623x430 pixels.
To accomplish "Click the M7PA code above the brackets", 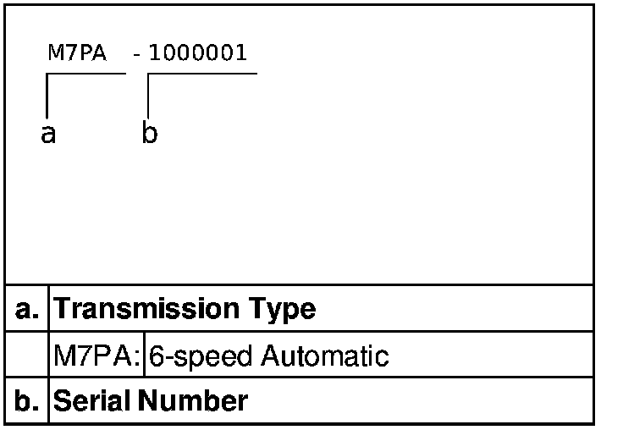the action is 77,53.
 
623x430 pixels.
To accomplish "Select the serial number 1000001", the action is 198,53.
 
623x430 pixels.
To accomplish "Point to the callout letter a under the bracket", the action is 48,133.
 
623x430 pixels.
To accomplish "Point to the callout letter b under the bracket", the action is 149,133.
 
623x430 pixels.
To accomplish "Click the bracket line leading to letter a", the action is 47,93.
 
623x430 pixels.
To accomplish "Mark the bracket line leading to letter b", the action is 149,93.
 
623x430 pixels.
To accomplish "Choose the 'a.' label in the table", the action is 28,309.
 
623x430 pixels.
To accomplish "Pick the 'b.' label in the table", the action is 28,400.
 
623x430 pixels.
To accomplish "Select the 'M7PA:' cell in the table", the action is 97,356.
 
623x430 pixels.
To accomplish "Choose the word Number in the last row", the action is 193,400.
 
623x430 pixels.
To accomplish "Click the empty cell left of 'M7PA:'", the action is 28,355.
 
